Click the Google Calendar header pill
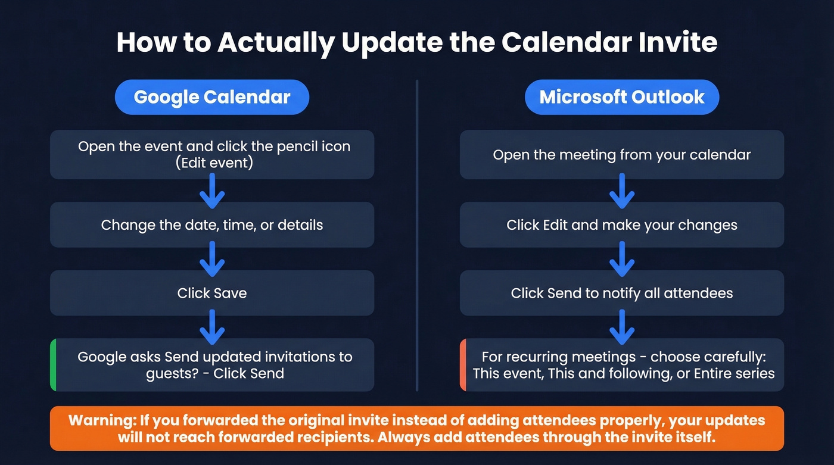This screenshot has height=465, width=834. tap(211, 97)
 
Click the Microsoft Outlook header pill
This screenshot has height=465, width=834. tap(621, 97)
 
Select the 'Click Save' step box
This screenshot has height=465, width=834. tap(211, 293)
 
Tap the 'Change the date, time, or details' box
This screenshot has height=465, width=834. tap(211, 225)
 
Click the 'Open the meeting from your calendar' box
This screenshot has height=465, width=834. tap(621, 155)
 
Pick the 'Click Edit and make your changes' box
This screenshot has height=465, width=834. tap(621, 225)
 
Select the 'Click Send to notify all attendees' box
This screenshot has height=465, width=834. tap(621, 293)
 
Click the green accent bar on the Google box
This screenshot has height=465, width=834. tap(53, 365)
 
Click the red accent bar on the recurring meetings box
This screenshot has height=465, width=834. tap(463, 365)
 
